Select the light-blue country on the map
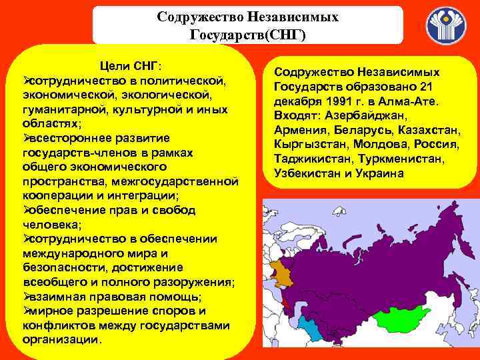click(x=310, y=328)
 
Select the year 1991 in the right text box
click(x=336, y=101)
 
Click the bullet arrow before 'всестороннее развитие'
click(x=27, y=139)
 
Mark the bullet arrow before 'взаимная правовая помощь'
click(x=27, y=296)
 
